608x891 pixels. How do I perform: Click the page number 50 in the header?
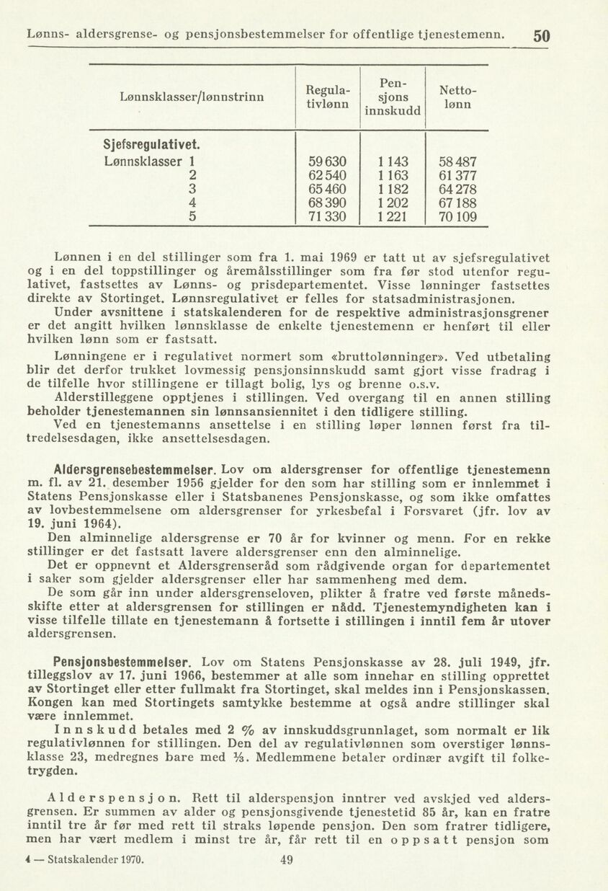(542, 35)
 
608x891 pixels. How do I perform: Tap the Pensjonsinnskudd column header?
(393, 97)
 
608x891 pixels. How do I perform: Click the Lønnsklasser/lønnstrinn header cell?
(192, 97)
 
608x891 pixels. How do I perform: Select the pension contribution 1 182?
(393, 189)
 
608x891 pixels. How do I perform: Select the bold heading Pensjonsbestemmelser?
(122, 661)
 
